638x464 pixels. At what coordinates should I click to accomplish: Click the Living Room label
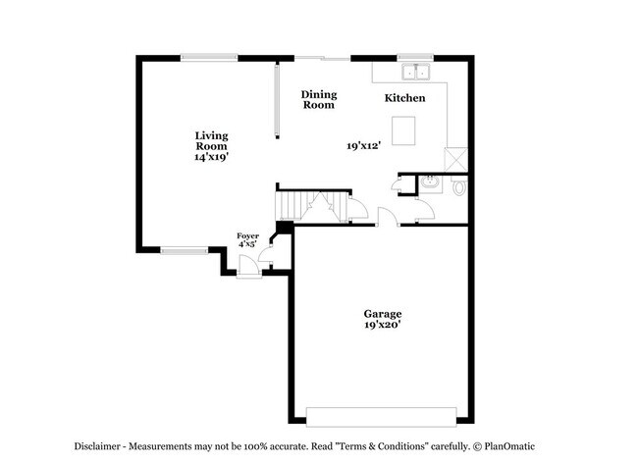[x=211, y=140]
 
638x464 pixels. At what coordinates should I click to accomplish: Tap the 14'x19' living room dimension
[x=211, y=156]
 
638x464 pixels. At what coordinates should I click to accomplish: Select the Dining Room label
[x=319, y=99]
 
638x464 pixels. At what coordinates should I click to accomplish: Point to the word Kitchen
[x=404, y=98]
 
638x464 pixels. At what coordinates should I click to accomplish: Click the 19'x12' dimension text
[x=363, y=145]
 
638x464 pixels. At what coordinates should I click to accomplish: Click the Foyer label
[x=247, y=235]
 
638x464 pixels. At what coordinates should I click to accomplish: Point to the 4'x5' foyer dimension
[x=247, y=244]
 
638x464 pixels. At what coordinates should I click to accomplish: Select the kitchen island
[x=402, y=129]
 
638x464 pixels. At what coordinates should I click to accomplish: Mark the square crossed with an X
[x=456, y=158]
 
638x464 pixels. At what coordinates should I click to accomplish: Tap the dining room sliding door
[x=324, y=58]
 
